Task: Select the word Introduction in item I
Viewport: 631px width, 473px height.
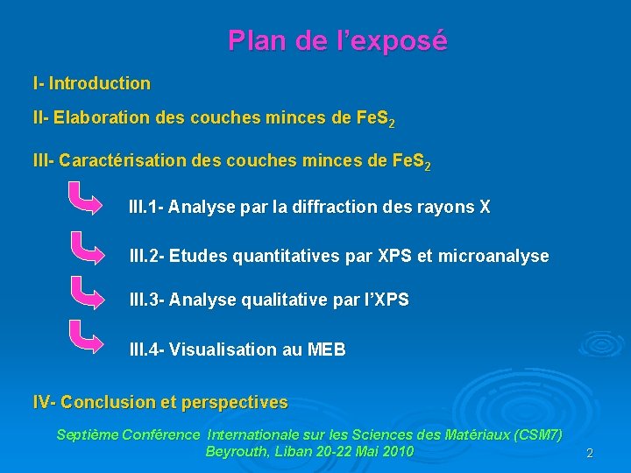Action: pyautogui.click(x=100, y=84)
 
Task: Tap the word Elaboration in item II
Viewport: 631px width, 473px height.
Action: pyautogui.click(x=87, y=118)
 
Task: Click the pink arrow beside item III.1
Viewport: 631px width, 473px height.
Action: pyautogui.click(x=89, y=200)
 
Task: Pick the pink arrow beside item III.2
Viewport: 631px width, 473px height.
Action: pyautogui.click(x=89, y=249)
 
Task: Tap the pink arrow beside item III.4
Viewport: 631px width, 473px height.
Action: pyautogui.click(x=89, y=338)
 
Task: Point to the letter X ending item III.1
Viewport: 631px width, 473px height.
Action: pyautogui.click(x=485, y=208)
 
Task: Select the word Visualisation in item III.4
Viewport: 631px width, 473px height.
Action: pyautogui.click(x=223, y=350)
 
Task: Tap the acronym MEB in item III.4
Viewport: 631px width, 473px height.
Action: pyautogui.click(x=327, y=350)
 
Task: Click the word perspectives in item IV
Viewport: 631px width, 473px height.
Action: pyautogui.click(x=236, y=403)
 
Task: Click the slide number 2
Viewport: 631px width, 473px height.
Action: pyautogui.click(x=590, y=454)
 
